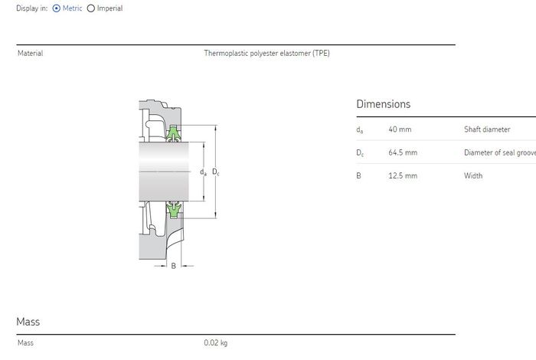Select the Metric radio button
pos(57,8)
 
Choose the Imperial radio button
pos(90,8)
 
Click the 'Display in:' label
pos(32,8)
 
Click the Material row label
pos(31,53)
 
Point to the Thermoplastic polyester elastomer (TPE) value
pos(266,53)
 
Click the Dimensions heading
pos(383,104)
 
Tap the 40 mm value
pos(400,129)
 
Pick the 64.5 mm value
pos(403,152)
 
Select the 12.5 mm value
pos(403,175)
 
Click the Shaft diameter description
pos(487,129)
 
